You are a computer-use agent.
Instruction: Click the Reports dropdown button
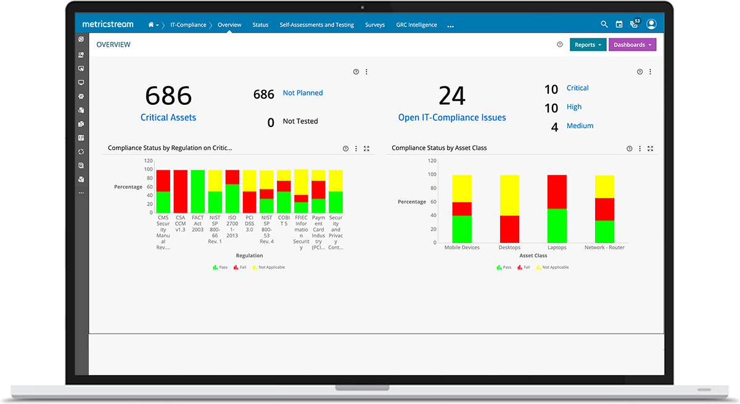(588, 45)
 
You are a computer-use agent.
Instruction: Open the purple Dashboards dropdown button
(632, 45)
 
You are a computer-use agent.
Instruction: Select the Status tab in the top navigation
(260, 25)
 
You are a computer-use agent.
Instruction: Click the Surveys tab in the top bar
(374, 25)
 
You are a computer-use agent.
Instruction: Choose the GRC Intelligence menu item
(416, 25)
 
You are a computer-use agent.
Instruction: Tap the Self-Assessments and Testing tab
(316, 25)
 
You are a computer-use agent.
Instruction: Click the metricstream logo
(108, 25)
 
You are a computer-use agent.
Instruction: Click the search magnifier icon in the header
(604, 25)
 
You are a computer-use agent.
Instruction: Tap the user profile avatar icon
(651, 25)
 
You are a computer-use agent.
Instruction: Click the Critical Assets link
(168, 117)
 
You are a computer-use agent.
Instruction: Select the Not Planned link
(303, 93)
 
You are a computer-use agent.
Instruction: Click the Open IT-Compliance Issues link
(452, 118)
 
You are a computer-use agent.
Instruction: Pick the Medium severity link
(580, 126)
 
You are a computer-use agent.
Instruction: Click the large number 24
(452, 96)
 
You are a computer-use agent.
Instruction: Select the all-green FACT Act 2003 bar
(198, 191)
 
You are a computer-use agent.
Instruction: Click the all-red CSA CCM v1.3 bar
(181, 191)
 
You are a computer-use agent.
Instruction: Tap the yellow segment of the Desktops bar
(509, 195)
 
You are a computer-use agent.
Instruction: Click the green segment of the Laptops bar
(557, 226)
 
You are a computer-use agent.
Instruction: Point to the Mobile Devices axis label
(462, 248)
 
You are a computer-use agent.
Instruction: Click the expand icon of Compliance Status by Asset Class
(650, 149)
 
